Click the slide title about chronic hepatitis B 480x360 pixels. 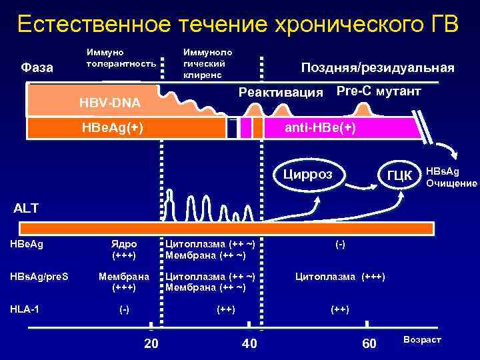click(x=238, y=25)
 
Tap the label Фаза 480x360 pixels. click(x=37, y=67)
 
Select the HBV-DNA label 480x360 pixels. click(x=110, y=103)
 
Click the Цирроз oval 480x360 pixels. click(x=307, y=175)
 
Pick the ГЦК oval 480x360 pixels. click(x=399, y=175)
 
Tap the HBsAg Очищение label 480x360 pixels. click(x=451, y=177)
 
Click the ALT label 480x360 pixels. click(x=27, y=208)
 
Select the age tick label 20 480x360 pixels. click(x=151, y=343)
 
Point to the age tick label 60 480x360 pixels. click(x=368, y=343)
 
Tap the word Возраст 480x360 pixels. click(x=422, y=340)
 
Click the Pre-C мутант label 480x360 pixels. click(x=379, y=91)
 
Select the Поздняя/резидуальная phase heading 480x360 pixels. click(x=377, y=68)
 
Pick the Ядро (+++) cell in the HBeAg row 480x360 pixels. click(x=124, y=250)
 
